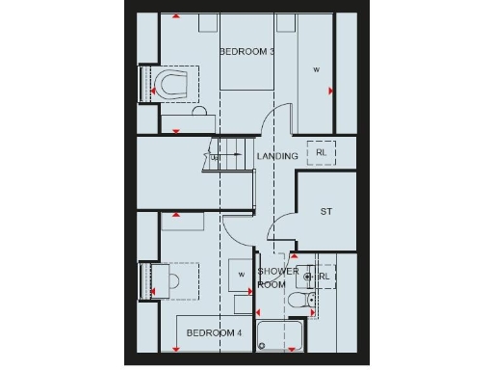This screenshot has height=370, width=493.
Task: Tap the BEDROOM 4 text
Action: pyautogui.click(x=214, y=332)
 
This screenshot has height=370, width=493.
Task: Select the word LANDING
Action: pyautogui.click(x=276, y=155)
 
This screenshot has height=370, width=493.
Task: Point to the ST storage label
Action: pyautogui.click(x=325, y=211)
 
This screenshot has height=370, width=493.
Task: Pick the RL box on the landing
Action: pyautogui.click(x=321, y=152)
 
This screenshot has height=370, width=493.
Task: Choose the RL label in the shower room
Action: pyautogui.click(x=324, y=277)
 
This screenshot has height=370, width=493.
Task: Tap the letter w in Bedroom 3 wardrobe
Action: pyautogui.click(x=315, y=69)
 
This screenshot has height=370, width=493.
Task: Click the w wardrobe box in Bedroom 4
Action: pyautogui.click(x=241, y=274)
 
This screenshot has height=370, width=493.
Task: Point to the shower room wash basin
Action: pyautogui.click(x=309, y=277)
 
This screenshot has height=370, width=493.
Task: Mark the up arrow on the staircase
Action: pyautogui.click(x=216, y=155)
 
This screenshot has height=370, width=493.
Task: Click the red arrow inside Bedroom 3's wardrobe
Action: pyautogui.click(x=330, y=92)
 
